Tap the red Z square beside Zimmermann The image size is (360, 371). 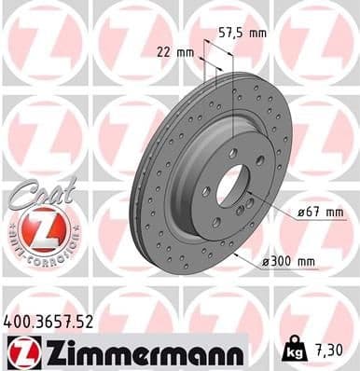20,350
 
